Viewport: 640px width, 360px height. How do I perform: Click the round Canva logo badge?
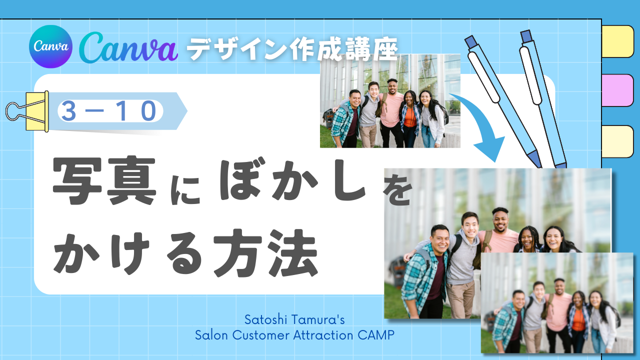coord(50,46)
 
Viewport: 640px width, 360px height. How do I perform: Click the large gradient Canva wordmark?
coord(128,47)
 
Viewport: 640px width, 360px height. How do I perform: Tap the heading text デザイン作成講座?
coord(292,49)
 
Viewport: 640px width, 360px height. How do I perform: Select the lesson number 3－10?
coord(109,111)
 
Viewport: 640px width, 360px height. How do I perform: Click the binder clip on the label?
coord(27,111)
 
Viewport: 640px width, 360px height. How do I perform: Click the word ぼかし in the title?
coord(292,180)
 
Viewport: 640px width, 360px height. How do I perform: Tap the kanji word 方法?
coord(265,253)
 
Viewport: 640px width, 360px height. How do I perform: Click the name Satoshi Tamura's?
coord(294,319)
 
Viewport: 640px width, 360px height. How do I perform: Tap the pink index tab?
coord(617,90)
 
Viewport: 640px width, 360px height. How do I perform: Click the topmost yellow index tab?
coord(617,41)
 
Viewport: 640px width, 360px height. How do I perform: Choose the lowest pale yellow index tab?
coord(617,141)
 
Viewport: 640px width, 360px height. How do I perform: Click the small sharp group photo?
coord(390,101)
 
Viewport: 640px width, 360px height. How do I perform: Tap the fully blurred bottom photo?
coord(557,303)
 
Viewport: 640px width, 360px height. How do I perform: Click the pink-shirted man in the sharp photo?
coord(392,113)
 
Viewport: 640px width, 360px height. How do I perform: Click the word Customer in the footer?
coord(261,335)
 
